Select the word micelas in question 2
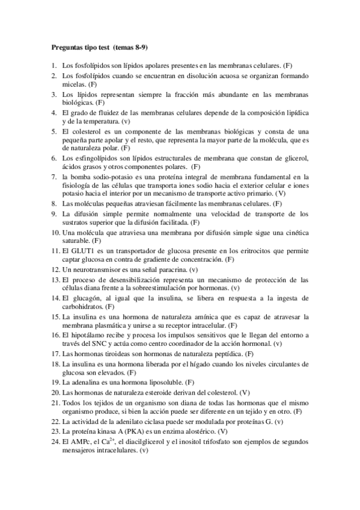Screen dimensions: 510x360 point(73,85)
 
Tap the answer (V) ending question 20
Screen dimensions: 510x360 point(245,392)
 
